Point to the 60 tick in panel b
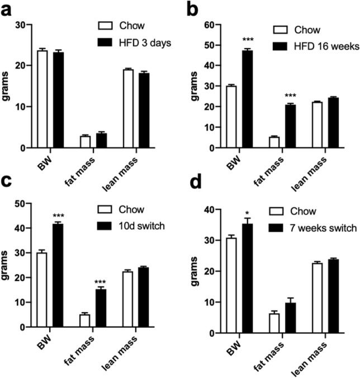207,25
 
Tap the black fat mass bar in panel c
101,308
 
